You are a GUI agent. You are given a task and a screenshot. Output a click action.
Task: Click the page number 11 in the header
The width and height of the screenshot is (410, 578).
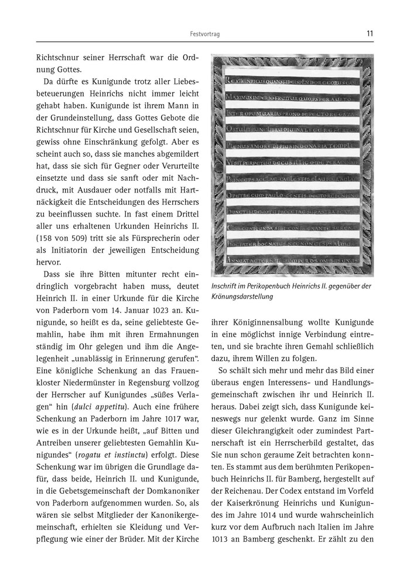coord(369,33)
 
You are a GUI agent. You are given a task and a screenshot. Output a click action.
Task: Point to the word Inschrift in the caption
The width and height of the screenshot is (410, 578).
coord(226,285)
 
